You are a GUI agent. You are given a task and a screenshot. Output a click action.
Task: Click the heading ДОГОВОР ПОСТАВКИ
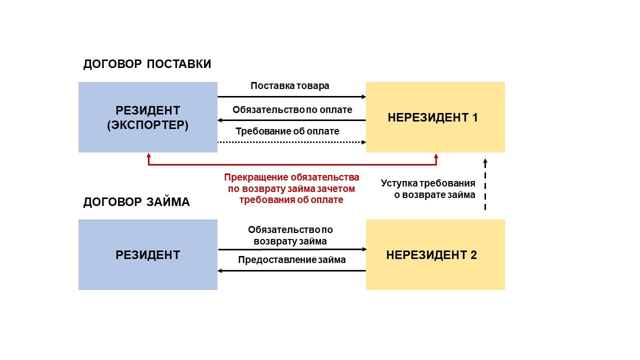pyautogui.click(x=147, y=64)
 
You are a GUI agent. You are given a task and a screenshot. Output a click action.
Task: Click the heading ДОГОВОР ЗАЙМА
pyautogui.click(x=136, y=202)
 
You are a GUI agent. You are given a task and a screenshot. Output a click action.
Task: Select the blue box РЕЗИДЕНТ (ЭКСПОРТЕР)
pyautogui.click(x=148, y=117)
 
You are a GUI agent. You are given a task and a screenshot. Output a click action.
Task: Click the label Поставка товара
pyautogui.click(x=290, y=85)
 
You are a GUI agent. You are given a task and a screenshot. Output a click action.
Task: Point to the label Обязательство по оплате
pyautogui.click(x=292, y=109)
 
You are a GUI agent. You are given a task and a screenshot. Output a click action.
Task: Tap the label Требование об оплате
pyautogui.click(x=287, y=131)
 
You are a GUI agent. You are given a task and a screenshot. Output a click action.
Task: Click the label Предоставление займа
pyautogui.click(x=292, y=260)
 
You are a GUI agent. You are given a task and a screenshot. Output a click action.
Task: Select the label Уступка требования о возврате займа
pyautogui.click(x=428, y=189)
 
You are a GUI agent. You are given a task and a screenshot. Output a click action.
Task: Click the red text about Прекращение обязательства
pyautogui.click(x=291, y=188)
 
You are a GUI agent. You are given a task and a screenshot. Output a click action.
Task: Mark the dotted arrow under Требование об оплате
pyautogui.click(x=292, y=142)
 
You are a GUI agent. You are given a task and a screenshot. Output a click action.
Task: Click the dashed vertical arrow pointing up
pyautogui.click(x=485, y=185)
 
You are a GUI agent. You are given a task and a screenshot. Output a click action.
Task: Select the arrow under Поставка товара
pyautogui.click(x=292, y=96)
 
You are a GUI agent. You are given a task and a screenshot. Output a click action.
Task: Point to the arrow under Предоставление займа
pyautogui.click(x=292, y=271)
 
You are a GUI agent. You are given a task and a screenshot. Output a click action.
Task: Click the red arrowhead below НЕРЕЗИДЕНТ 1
pyautogui.click(x=436, y=156)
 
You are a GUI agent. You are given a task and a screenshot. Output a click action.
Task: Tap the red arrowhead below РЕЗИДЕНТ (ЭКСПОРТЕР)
pyautogui.click(x=148, y=156)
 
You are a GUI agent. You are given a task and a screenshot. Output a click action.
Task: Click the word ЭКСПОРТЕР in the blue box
pyautogui.click(x=148, y=125)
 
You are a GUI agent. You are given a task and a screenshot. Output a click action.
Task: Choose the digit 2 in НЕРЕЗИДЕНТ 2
pyautogui.click(x=473, y=255)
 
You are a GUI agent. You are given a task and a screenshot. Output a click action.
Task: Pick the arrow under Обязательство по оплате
pyautogui.click(x=292, y=120)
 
